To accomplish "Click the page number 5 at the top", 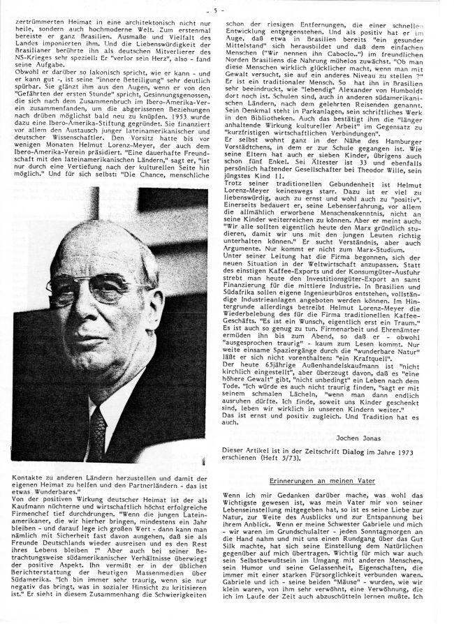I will [x=228, y=9].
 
